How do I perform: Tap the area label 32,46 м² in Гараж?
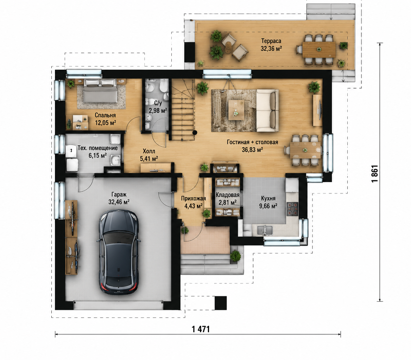[119, 202]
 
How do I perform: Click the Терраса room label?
[271, 41]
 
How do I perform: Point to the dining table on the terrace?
[319, 50]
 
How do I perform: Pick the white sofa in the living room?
[267, 110]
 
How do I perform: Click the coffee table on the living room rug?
[236, 110]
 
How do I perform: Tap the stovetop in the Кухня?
[292, 209]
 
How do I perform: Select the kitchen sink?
[265, 230]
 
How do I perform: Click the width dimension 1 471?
[201, 329]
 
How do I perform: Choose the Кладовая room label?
[228, 195]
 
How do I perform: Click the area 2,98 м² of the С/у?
[158, 110]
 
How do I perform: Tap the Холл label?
[149, 151]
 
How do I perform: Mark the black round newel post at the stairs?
[195, 133]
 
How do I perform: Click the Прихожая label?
[194, 199]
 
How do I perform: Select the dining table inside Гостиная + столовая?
[306, 150]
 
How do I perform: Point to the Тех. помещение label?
[97, 148]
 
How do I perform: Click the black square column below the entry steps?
[221, 303]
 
